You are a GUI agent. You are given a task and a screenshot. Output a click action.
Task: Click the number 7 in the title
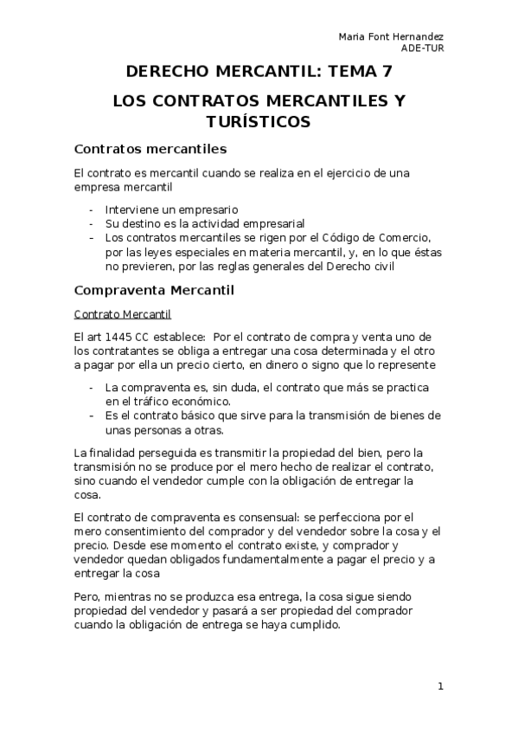coord(387,72)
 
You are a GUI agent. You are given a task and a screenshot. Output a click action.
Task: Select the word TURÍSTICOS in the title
coord(259,122)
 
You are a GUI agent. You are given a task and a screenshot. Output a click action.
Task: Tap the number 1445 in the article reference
coord(121,336)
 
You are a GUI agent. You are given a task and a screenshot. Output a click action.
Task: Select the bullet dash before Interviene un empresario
coord(93,209)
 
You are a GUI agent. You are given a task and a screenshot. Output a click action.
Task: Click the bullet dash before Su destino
coord(93,223)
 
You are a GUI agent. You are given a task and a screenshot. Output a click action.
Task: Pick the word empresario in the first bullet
coord(208,209)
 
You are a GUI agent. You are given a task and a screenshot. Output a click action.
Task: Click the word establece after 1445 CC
coord(178,336)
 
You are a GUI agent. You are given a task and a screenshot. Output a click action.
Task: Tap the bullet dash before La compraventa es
coord(93,388)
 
